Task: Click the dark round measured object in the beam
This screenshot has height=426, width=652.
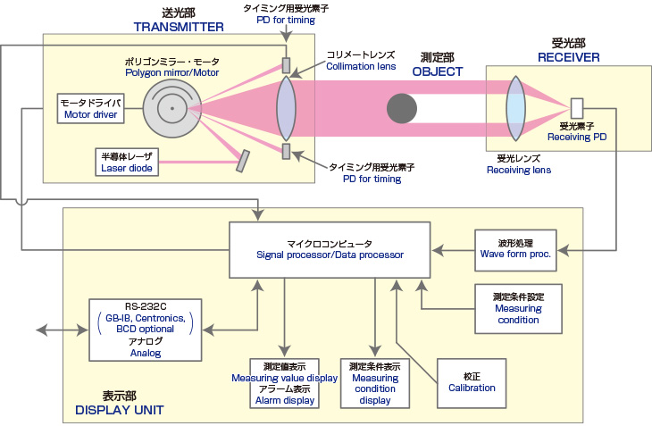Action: tap(401, 108)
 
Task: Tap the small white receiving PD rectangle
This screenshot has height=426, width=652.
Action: tap(576, 106)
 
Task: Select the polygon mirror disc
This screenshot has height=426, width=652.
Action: tap(170, 107)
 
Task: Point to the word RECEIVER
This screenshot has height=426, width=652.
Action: tap(569, 56)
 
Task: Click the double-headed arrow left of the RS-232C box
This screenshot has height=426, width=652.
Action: tap(55, 331)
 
